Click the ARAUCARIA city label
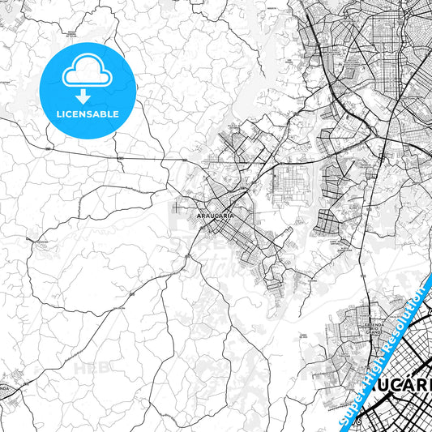216,216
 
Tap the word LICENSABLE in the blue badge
88,114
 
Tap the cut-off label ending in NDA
4,388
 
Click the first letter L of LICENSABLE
58,114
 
